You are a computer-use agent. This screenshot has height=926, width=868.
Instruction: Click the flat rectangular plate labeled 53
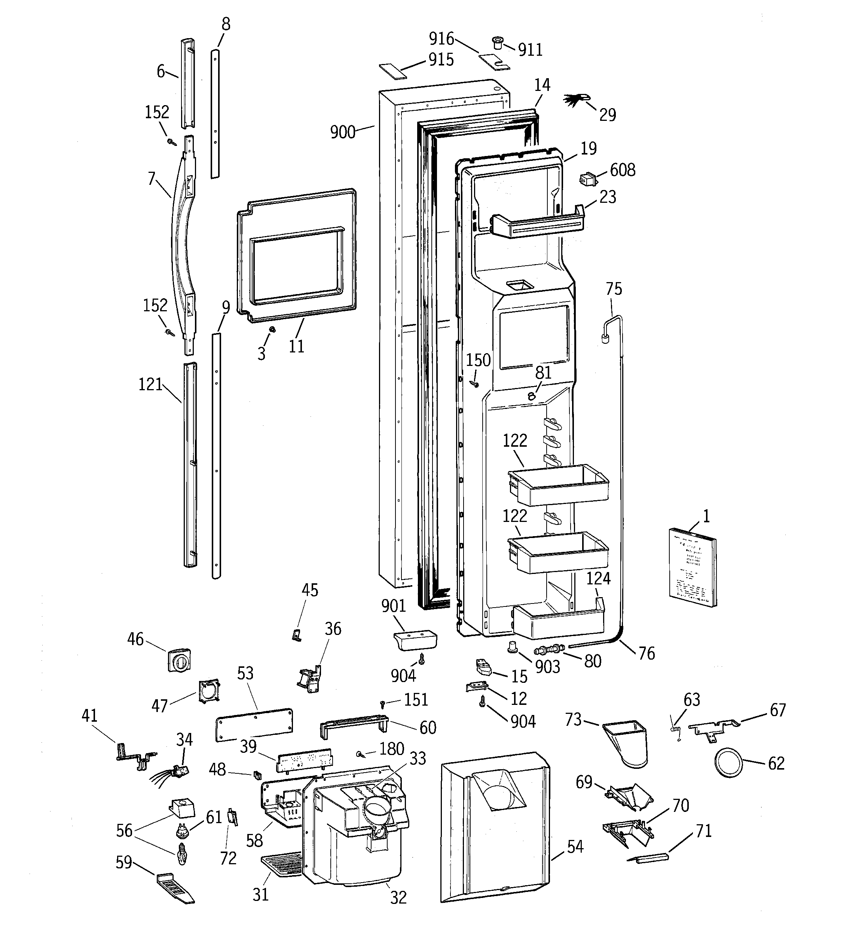[255, 724]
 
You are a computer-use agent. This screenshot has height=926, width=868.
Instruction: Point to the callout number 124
[598, 578]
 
